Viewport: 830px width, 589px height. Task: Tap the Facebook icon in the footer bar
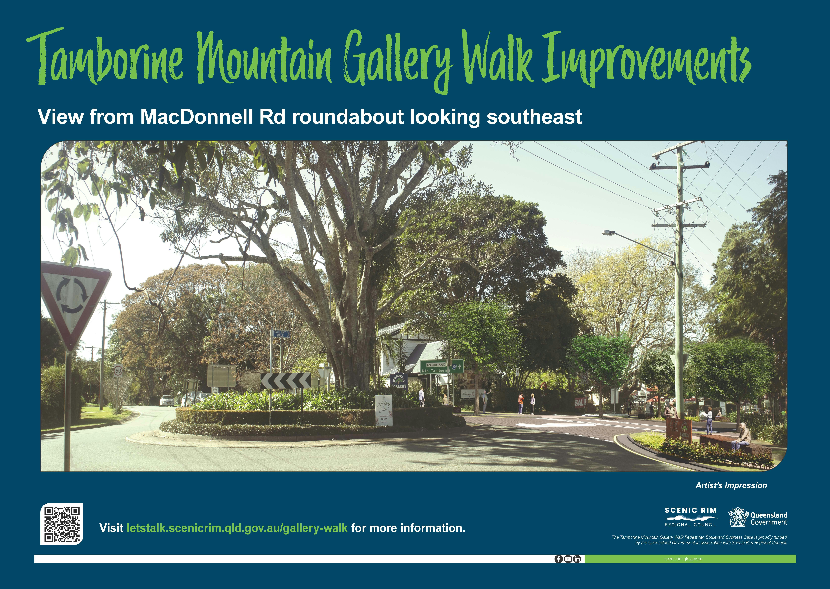point(559,559)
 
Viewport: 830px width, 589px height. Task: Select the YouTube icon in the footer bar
point(568,559)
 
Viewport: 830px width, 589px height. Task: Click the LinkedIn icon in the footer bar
point(577,559)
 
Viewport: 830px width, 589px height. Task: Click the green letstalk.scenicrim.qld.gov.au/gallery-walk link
point(237,528)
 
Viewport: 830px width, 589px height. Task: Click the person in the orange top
point(521,403)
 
